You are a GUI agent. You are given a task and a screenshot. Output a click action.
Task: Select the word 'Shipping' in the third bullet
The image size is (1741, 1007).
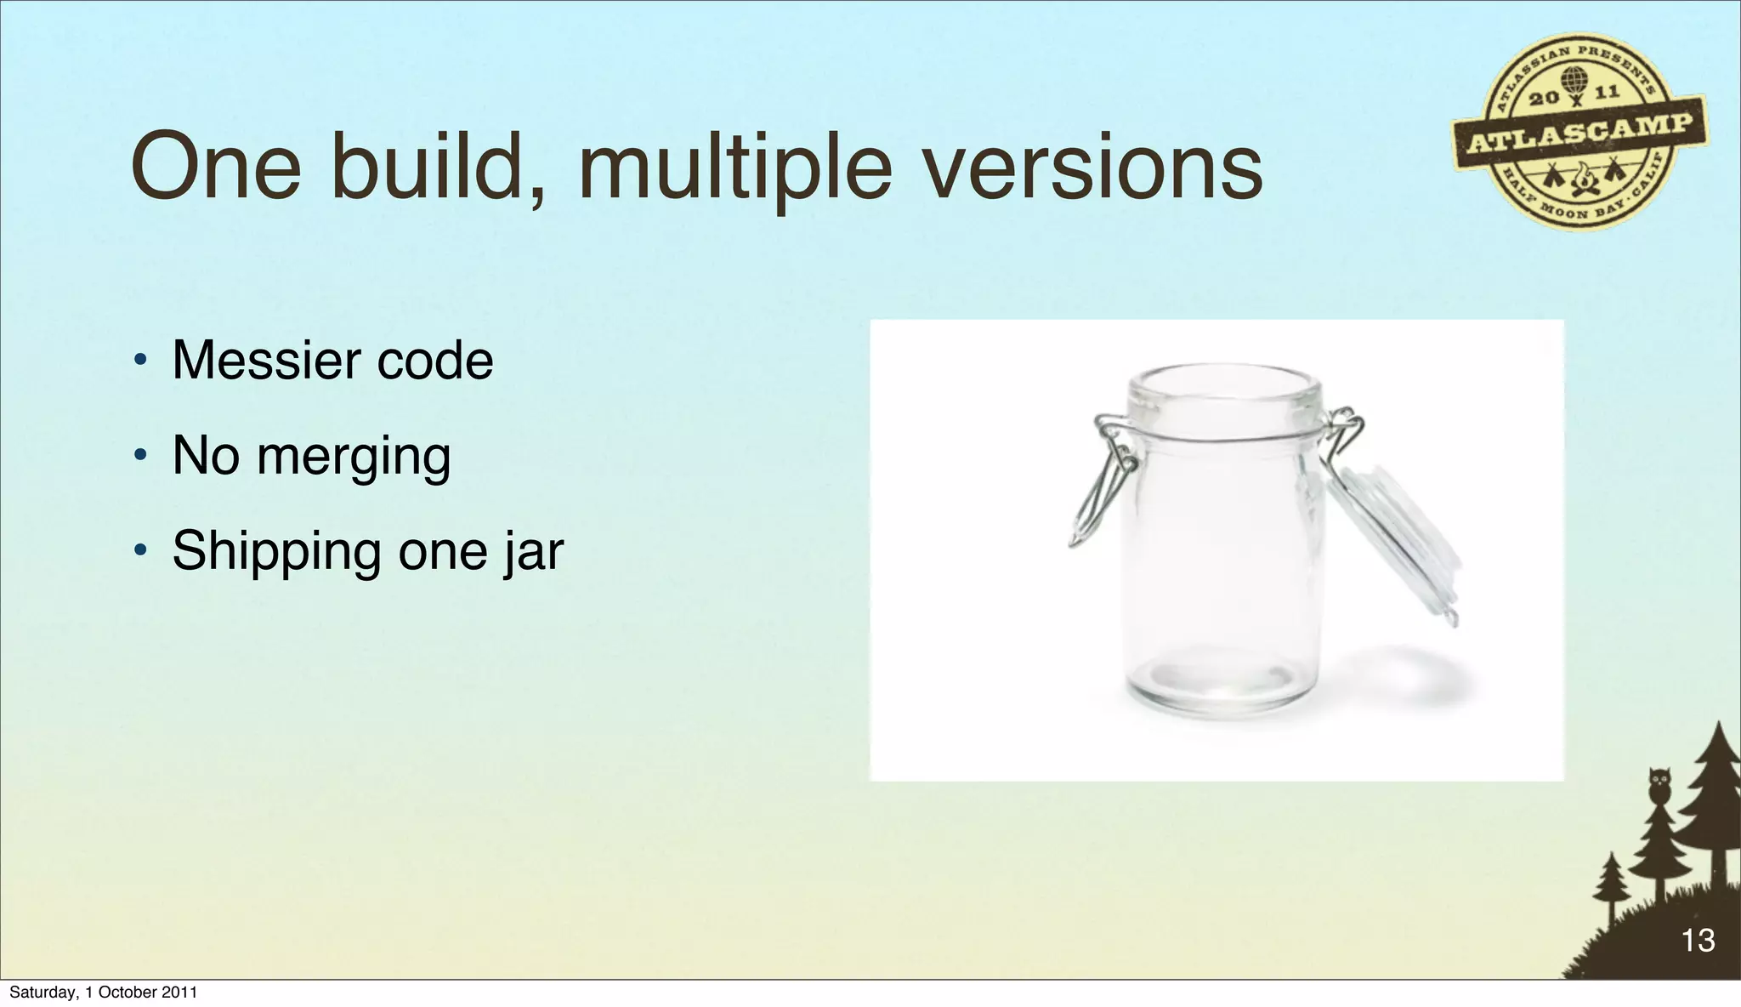pyautogui.click(x=277, y=553)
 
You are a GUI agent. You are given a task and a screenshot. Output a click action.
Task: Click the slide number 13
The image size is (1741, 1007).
pyautogui.click(x=1698, y=941)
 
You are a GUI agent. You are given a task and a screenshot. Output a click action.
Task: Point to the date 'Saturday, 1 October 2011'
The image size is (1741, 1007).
pyautogui.click(x=103, y=993)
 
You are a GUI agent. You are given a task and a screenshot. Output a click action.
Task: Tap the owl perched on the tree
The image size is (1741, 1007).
pyautogui.click(x=1659, y=784)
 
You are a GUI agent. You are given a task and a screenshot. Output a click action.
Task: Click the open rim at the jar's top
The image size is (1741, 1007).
pyautogui.click(x=1225, y=386)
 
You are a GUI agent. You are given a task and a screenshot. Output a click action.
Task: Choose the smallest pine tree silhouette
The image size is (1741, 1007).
pyautogui.click(x=1610, y=889)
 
